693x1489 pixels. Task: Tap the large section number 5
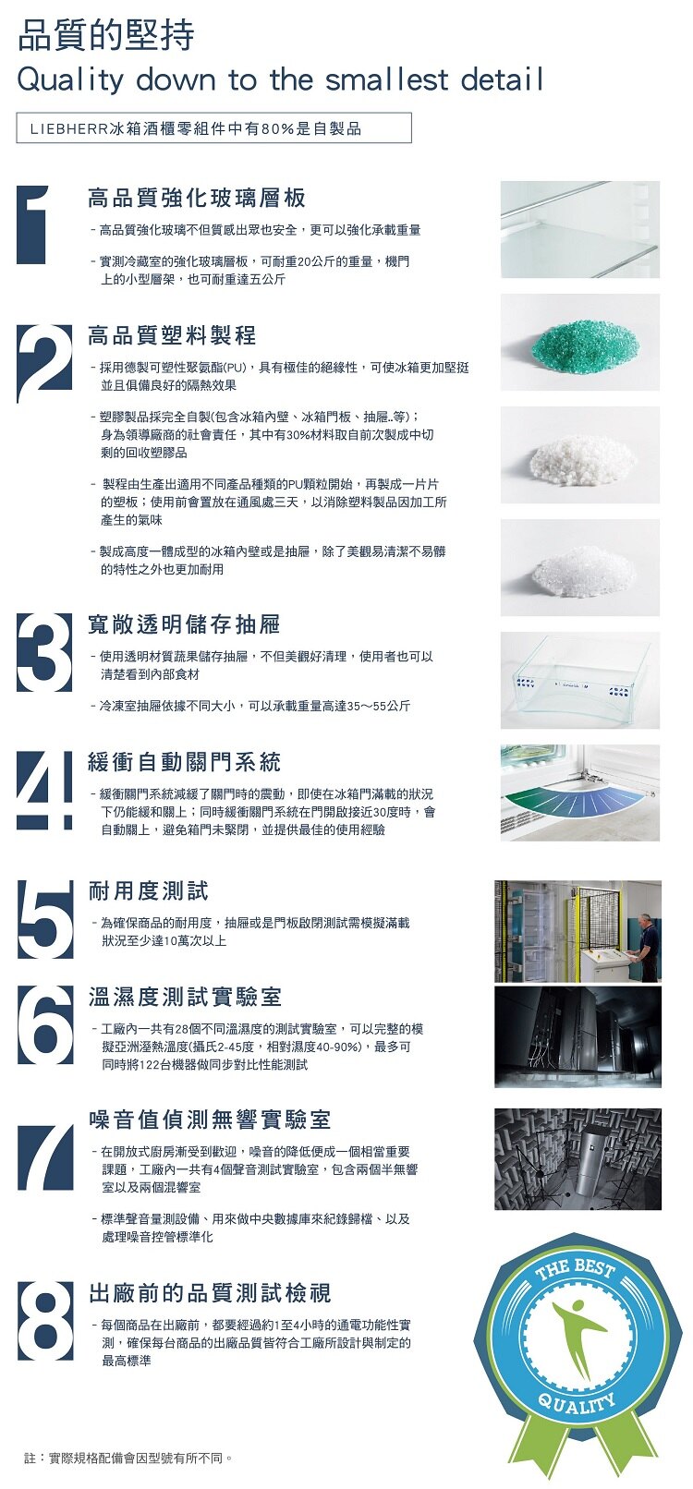pyautogui.click(x=45, y=919)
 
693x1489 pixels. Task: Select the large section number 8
pyautogui.click(x=45, y=1322)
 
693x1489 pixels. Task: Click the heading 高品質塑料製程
pyautogui.click(x=172, y=335)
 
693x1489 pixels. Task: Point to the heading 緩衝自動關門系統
pyautogui.click(x=184, y=762)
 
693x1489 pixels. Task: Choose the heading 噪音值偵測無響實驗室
pyautogui.click(x=210, y=1120)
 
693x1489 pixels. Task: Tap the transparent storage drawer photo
pyautogui.click(x=580, y=680)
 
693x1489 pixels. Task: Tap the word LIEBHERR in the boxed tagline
pyautogui.click(x=69, y=129)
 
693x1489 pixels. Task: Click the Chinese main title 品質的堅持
pyautogui.click(x=106, y=36)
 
